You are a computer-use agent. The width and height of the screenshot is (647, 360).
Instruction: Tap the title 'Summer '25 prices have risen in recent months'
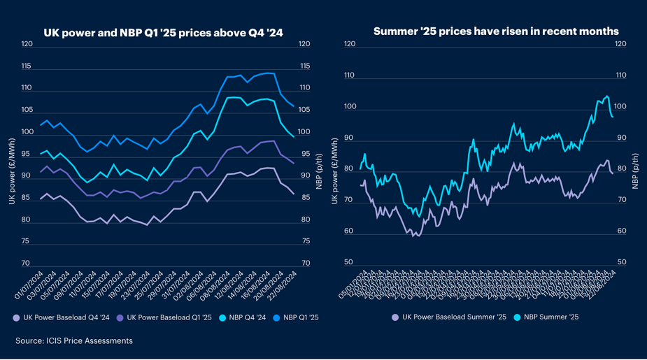[x=495, y=32]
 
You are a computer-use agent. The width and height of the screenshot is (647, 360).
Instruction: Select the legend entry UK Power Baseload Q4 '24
[x=66, y=317]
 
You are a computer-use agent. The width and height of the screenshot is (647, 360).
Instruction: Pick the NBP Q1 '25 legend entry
[x=299, y=317]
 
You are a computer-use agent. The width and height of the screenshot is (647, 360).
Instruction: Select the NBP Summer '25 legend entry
[x=551, y=317]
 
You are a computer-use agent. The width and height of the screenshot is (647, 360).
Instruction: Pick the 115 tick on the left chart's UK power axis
[x=27, y=66]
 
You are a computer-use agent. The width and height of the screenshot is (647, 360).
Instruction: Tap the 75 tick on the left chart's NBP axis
[x=304, y=242]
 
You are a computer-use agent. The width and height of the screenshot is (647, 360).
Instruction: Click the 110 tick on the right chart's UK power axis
[x=350, y=75]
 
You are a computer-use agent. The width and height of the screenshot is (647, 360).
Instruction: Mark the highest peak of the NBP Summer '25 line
[x=606, y=96]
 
